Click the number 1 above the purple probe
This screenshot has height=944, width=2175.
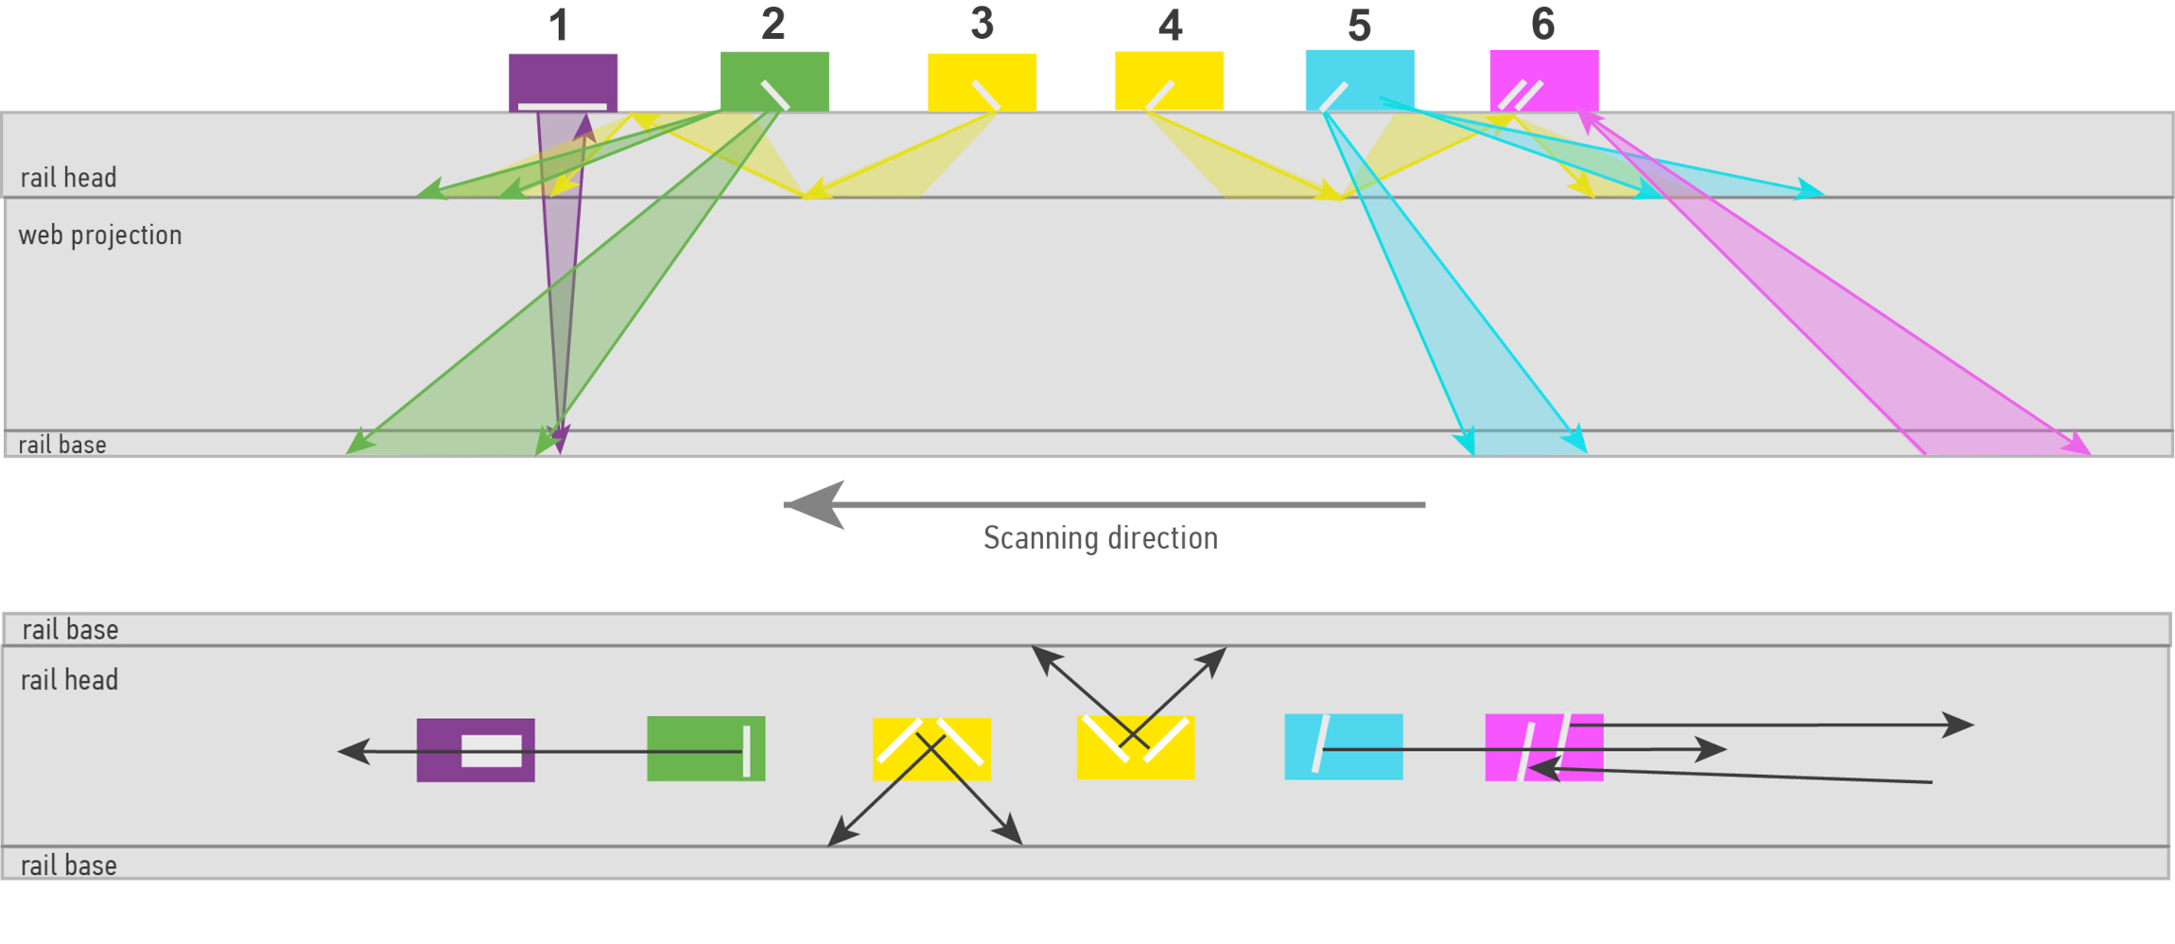coord(559,26)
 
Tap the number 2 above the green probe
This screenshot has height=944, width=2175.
coord(773,24)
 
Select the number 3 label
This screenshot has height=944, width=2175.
coord(982,24)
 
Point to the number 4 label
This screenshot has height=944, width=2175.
coord(1170,26)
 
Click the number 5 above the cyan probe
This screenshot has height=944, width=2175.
coord(1359,26)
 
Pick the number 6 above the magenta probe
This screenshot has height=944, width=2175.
coord(1542,24)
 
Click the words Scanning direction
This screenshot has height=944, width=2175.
coord(1100,538)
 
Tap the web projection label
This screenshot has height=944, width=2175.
coord(100,235)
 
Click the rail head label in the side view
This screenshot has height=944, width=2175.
coord(68,178)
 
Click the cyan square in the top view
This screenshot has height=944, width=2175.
coord(1362,746)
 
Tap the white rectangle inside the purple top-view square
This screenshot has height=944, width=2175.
coord(492,750)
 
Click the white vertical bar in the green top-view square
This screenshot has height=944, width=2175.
coord(746,751)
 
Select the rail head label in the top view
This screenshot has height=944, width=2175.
coord(69,680)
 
